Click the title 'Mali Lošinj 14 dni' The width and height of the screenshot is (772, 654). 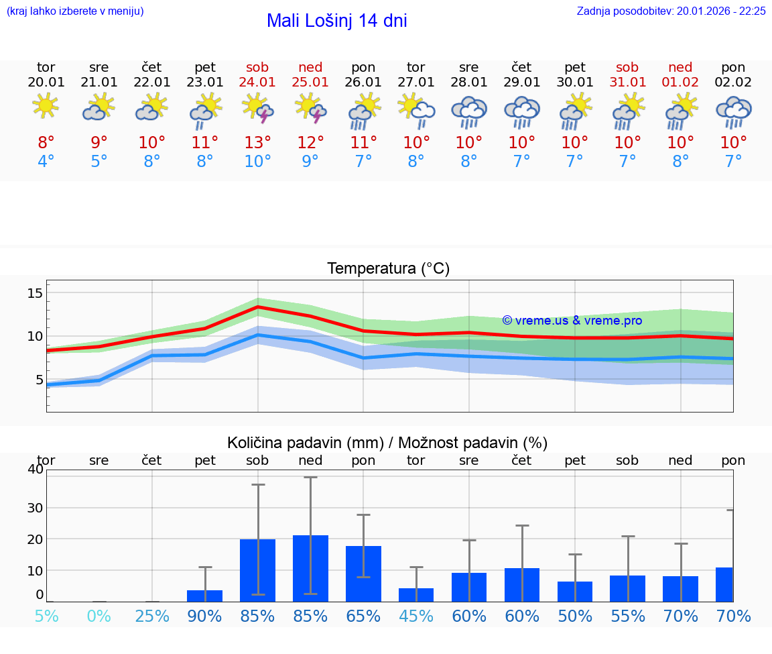point(336,21)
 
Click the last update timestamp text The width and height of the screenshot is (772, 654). point(671,11)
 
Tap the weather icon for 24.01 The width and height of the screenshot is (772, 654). point(257,109)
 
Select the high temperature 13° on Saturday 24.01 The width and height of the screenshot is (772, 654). point(257,142)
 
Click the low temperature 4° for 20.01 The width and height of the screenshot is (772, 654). point(46,162)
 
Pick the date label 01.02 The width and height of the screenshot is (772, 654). point(680,83)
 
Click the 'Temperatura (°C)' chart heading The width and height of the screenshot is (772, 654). point(388,269)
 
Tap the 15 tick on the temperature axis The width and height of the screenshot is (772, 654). point(35,293)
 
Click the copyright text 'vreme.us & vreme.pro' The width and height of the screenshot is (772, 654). point(572,321)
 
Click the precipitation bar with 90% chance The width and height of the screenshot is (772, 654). point(204,596)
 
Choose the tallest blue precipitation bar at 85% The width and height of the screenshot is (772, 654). point(310,568)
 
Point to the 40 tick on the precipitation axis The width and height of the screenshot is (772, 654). point(35,469)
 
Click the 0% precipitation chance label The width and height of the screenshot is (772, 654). point(99,616)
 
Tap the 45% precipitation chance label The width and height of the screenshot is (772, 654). point(416,616)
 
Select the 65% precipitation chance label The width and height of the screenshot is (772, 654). point(363,616)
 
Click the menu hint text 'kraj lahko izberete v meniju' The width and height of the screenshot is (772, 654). point(74,11)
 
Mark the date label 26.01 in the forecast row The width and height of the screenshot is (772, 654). point(363,83)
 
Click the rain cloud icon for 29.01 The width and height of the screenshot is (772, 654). point(521,111)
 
